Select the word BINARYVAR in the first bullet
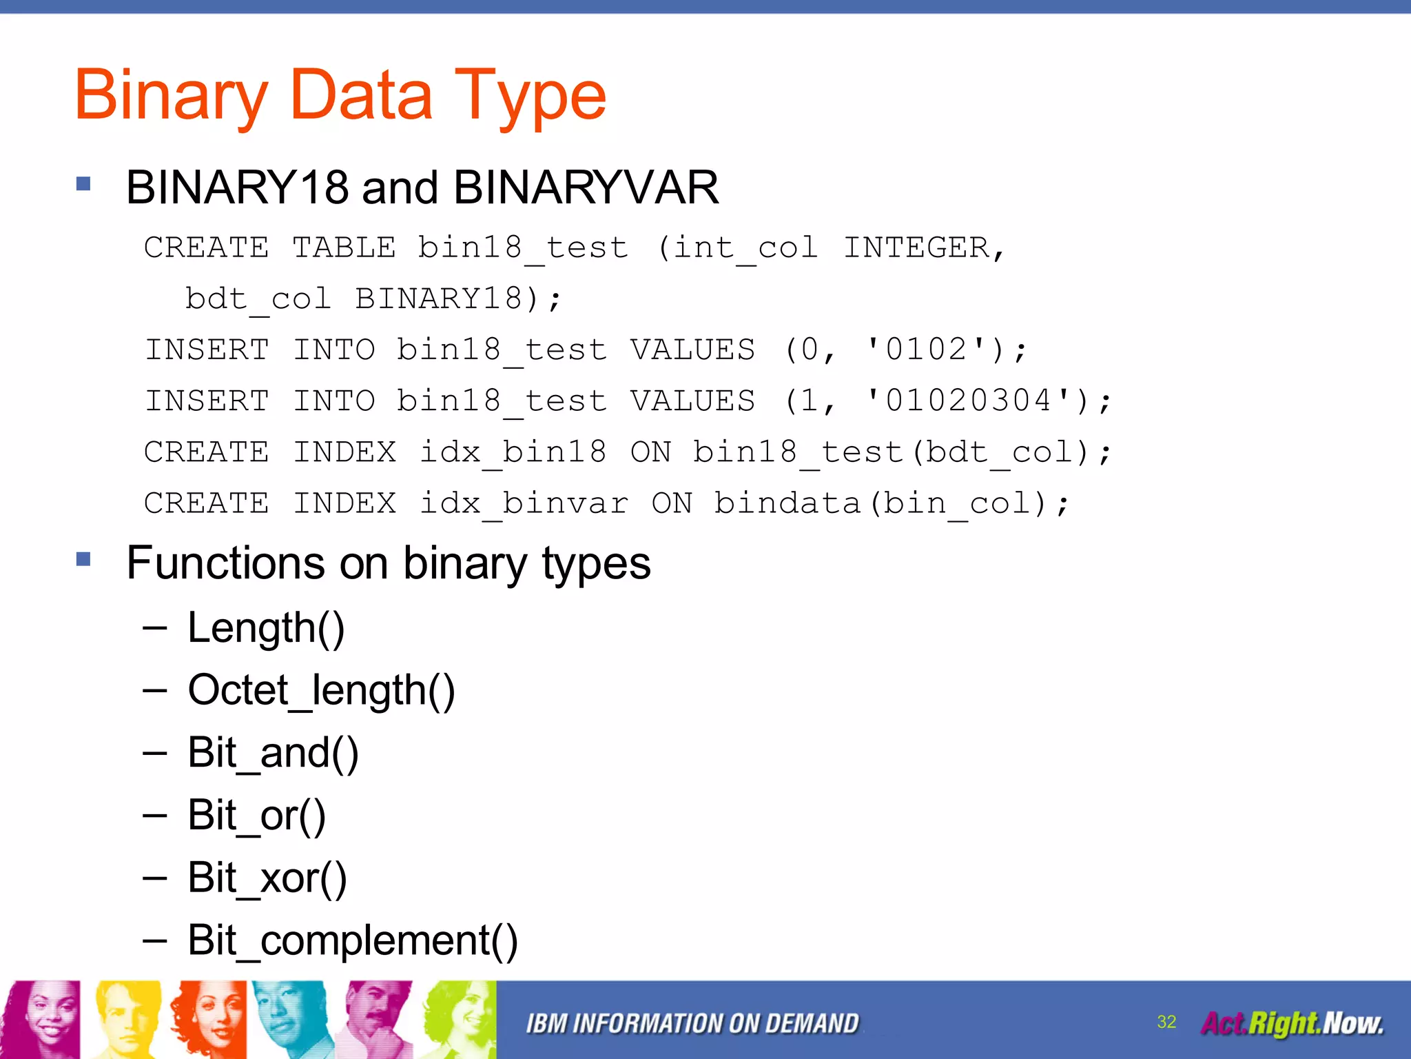pyautogui.click(x=586, y=188)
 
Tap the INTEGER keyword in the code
pyautogui.click(x=916, y=248)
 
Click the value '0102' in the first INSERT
pyautogui.click(x=927, y=350)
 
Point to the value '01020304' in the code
pyautogui.click(x=968, y=401)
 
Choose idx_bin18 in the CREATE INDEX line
pyautogui.click(x=513, y=452)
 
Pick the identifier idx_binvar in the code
pyautogui.click(x=524, y=503)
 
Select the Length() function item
pyautogui.click(x=266, y=628)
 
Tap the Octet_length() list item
pyautogui.click(x=321, y=690)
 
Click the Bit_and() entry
pyautogui.click(x=273, y=753)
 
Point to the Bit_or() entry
pyautogui.click(x=256, y=816)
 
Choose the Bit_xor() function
pyautogui.click(x=267, y=878)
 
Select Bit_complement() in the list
pyautogui.click(x=352, y=940)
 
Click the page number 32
pyautogui.click(x=1166, y=1022)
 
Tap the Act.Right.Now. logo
pyautogui.click(x=1292, y=1024)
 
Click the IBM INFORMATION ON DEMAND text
pyautogui.click(x=692, y=1024)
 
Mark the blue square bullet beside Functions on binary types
pyautogui.click(x=84, y=558)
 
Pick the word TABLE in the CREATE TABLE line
pyautogui.click(x=344, y=248)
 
